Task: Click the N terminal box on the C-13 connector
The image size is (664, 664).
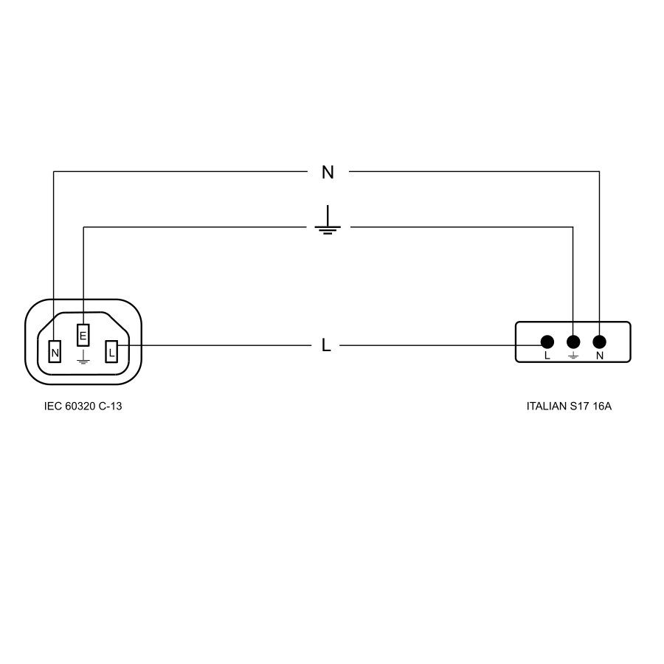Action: (55, 353)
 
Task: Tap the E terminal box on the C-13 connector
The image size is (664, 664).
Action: (83, 336)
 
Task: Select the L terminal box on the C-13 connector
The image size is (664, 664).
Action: (111, 353)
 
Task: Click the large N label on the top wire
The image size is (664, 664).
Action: (328, 173)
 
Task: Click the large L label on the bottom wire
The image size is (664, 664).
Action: (326, 345)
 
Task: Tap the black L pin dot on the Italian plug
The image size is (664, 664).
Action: (547, 342)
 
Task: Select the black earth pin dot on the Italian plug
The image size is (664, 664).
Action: (573, 342)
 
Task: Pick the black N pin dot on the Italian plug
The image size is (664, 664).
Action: (599, 342)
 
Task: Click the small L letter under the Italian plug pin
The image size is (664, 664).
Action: (547, 356)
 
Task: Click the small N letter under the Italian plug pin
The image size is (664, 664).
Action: (599, 356)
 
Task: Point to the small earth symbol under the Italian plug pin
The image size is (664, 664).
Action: (573, 356)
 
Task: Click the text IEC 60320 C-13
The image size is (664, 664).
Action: (83, 406)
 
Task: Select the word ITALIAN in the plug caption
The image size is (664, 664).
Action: (546, 406)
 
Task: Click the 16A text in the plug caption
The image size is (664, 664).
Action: (602, 406)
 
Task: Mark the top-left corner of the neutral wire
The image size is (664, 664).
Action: (54, 172)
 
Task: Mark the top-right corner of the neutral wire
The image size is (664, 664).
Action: (599, 172)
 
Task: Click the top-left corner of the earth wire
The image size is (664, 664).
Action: (83, 227)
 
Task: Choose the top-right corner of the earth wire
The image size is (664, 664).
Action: (573, 227)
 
